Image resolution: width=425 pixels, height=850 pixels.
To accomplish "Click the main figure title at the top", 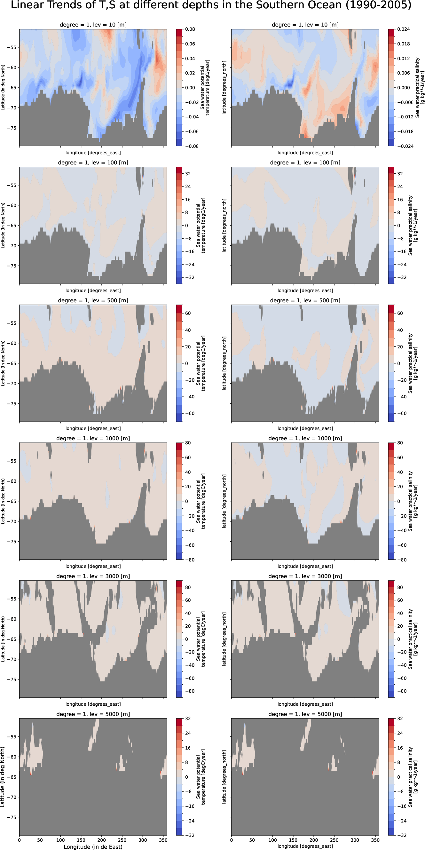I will click(x=211, y=5).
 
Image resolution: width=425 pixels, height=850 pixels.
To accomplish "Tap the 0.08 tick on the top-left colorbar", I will click(x=190, y=29).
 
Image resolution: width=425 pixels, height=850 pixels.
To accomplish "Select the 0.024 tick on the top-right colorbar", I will click(x=403, y=29).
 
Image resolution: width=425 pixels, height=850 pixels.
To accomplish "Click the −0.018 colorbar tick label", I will click(x=405, y=131).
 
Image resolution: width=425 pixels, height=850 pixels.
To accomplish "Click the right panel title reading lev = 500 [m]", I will click(x=305, y=301).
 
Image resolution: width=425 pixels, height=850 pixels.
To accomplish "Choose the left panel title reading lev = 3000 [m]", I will click(x=93, y=576).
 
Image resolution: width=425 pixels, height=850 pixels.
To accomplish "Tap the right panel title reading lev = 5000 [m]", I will click(x=305, y=714).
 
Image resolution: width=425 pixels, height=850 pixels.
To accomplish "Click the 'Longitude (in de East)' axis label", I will click(x=93, y=847).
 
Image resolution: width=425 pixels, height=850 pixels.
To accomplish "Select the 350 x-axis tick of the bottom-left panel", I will click(x=163, y=840).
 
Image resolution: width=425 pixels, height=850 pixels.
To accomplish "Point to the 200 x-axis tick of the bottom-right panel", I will click(x=313, y=840).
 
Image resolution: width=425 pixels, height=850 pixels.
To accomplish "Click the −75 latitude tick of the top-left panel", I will click(x=12, y=128).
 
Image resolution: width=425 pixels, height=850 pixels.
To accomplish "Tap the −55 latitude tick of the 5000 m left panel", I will click(x=12, y=737).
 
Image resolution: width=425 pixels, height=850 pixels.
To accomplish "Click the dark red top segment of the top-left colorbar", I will click(x=179, y=32).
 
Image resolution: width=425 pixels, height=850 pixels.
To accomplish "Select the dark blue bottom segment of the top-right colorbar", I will click(x=391, y=143).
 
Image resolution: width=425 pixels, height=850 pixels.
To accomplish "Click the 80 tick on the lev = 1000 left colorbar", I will click(x=188, y=443).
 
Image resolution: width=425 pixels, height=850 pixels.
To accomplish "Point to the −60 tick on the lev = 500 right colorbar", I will click(x=402, y=413).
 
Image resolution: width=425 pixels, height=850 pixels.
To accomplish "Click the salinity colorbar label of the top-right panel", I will click(x=420, y=88).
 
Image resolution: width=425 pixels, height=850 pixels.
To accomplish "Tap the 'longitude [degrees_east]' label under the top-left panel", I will click(x=93, y=153).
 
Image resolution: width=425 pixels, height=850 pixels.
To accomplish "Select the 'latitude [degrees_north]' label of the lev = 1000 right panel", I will click(x=224, y=501).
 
